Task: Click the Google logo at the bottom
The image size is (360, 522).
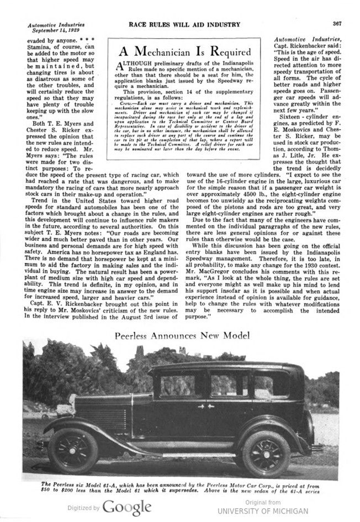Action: click(x=126, y=507)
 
